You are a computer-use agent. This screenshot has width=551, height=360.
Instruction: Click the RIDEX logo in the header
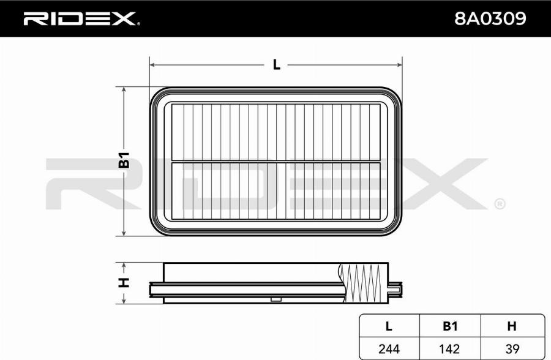click(x=81, y=19)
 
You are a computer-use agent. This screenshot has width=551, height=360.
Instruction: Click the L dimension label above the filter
click(x=276, y=64)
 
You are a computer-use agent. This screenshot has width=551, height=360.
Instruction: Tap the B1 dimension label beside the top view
click(x=124, y=160)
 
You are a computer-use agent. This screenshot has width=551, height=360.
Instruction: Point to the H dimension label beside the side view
click(x=124, y=282)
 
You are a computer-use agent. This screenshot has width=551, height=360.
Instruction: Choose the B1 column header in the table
click(x=450, y=326)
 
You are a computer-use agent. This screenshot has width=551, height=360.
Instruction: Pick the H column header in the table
click(x=512, y=326)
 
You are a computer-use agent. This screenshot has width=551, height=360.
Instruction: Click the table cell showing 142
click(x=450, y=348)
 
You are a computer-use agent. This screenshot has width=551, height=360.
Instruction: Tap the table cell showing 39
click(x=512, y=348)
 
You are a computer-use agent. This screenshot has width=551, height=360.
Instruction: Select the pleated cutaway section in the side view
click(x=364, y=282)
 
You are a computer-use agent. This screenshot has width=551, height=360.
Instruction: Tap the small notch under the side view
click(x=276, y=299)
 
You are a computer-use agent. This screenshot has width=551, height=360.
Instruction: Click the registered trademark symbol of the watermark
click(x=499, y=203)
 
